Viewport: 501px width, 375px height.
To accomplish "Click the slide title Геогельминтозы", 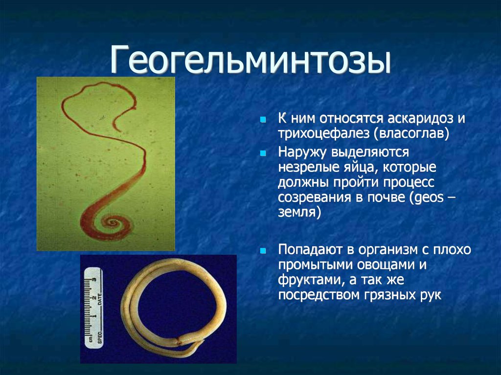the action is coord(250,60).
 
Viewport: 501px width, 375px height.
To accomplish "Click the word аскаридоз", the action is coord(420,118).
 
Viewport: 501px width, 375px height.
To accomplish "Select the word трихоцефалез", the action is coord(323,133).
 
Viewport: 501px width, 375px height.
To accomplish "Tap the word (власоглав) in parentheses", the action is coord(411,133).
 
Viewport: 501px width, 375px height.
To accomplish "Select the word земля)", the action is coord(299,212).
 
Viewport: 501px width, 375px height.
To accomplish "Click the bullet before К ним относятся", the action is coord(263,120).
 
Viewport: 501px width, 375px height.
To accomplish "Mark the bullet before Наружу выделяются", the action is coord(263,154).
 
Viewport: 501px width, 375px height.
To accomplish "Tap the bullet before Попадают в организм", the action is coord(263,251).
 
